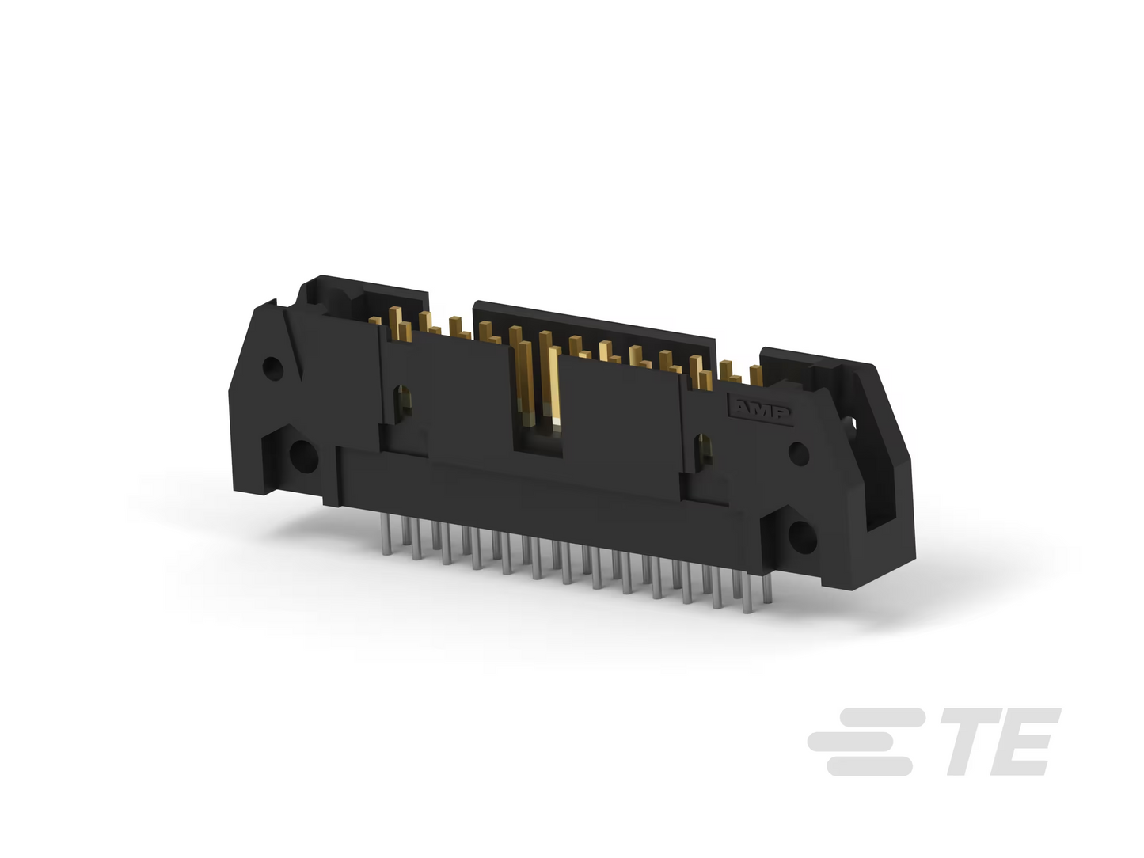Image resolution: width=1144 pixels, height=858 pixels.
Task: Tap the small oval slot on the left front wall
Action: [402, 401]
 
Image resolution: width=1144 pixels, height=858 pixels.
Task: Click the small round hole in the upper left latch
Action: [272, 369]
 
